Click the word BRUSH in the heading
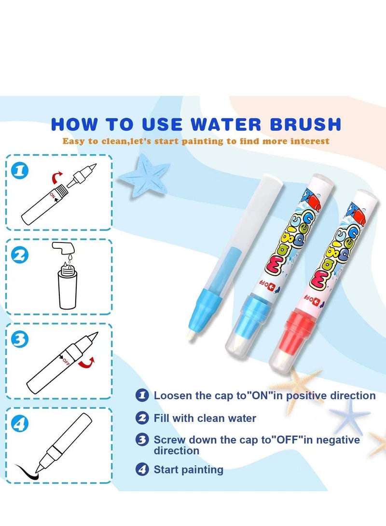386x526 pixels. [305, 124]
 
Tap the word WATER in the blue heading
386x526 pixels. [226, 124]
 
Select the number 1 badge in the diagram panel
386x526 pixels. [20, 171]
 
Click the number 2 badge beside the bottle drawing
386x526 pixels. [20, 255]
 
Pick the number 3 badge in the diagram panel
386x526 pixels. [20, 339]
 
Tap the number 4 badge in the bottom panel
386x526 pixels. [20, 424]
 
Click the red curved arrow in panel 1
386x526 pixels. [56, 177]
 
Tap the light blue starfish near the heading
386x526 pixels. [145, 175]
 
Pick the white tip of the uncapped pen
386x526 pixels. [191, 335]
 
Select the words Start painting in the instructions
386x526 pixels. [188, 469]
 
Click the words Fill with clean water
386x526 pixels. [205, 418]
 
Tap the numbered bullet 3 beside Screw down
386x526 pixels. [142, 439]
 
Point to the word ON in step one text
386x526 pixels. [260, 395]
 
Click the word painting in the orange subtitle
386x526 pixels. [202, 141]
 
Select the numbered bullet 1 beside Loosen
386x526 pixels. [142, 395]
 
